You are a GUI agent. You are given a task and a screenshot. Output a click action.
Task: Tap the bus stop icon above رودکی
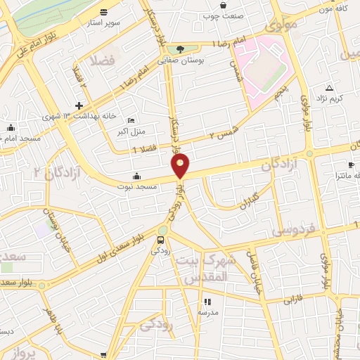(x=162, y=240)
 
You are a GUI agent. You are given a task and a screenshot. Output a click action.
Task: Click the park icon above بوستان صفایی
(x=181, y=49)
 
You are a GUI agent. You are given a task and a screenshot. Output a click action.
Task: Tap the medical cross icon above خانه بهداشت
(x=79, y=105)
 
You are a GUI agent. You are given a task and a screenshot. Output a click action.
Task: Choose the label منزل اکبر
(x=131, y=131)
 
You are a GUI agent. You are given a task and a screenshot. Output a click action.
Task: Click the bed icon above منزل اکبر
(x=131, y=120)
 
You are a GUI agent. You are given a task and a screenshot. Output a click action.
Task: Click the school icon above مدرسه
(x=207, y=302)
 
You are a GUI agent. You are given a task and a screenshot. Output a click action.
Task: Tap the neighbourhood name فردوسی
(x=296, y=229)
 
